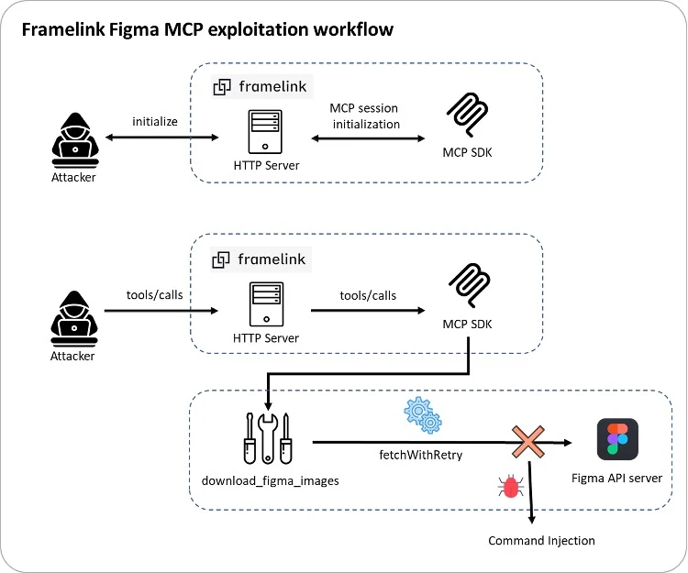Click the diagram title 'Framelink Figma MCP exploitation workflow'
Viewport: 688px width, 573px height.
tap(207, 29)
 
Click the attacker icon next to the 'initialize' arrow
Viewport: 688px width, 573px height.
tap(72, 140)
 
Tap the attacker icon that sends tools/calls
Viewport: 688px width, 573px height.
tap(72, 317)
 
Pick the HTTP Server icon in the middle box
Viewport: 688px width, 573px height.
tap(266, 306)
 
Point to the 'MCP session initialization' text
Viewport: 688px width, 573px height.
tap(365, 116)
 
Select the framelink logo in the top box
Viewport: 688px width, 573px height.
tap(261, 86)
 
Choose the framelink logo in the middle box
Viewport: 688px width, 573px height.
tap(261, 259)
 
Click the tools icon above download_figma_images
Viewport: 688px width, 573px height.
tap(267, 438)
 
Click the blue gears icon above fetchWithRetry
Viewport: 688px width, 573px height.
tap(423, 415)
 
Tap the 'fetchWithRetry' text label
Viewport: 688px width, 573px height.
tap(422, 454)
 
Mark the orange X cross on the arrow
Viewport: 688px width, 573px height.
tap(528, 444)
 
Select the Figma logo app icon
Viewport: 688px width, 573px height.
tap(617, 439)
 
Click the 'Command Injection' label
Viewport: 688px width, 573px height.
tap(541, 540)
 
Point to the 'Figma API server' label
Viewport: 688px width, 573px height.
tap(616, 478)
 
